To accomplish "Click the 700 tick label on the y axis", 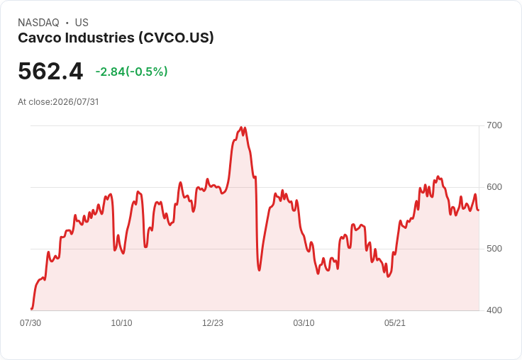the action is (494, 125).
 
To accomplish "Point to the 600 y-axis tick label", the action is (494, 187).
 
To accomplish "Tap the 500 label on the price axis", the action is (494, 249).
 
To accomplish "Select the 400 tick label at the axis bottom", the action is (494, 310).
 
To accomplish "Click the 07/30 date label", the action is (30, 323).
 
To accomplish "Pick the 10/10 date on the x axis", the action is (121, 323).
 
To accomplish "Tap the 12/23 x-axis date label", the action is (213, 323).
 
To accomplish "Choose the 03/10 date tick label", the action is (304, 323).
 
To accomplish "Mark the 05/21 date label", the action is (395, 323).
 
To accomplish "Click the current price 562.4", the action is (50, 71).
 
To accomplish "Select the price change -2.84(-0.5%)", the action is (131, 72).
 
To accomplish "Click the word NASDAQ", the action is (38, 23).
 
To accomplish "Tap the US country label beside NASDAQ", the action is (82, 23).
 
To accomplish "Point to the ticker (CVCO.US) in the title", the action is (176, 38).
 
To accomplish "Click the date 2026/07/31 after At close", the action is (76, 102).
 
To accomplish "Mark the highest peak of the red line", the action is (241, 128).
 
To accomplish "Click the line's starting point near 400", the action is (31, 309).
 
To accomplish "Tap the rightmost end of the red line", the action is (479, 210).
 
